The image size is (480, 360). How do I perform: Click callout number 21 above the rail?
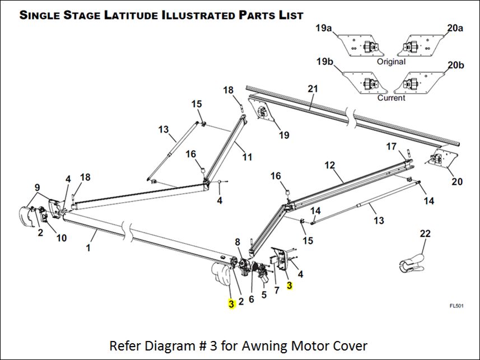pyautogui.click(x=313, y=88)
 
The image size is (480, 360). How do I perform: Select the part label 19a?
pyautogui.click(x=324, y=27)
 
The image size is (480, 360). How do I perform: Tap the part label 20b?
pyautogui.click(x=456, y=65)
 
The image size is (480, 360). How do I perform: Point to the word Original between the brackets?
pyautogui.click(x=391, y=62)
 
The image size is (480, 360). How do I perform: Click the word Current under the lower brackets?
pyautogui.click(x=391, y=98)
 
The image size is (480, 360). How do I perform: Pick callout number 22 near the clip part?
pyautogui.click(x=425, y=233)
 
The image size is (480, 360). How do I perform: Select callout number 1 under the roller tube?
pyautogui.click(x=88, y=247)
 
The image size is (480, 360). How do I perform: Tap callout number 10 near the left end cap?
pyautogui.click(x=61, y=238)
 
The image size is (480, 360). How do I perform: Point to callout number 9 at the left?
pyautogui.click(x=37, y=187)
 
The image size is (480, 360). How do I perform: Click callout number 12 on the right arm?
pyautogui.click(x=329, y=165)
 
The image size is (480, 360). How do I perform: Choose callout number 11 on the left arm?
pyautogui.click(x=247, y=157)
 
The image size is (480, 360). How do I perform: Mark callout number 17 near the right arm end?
pyautogui.click(x=391, y=146)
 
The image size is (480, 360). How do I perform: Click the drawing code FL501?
pyautogui.click(x=457, y=306)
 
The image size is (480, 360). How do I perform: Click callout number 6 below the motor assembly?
pyautogui.click(x=251, y=299)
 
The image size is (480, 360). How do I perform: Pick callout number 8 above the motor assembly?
pyautogui.click(x=237, y=242)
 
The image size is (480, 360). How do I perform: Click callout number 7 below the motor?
pyautogui.click(x=276, y=292)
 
